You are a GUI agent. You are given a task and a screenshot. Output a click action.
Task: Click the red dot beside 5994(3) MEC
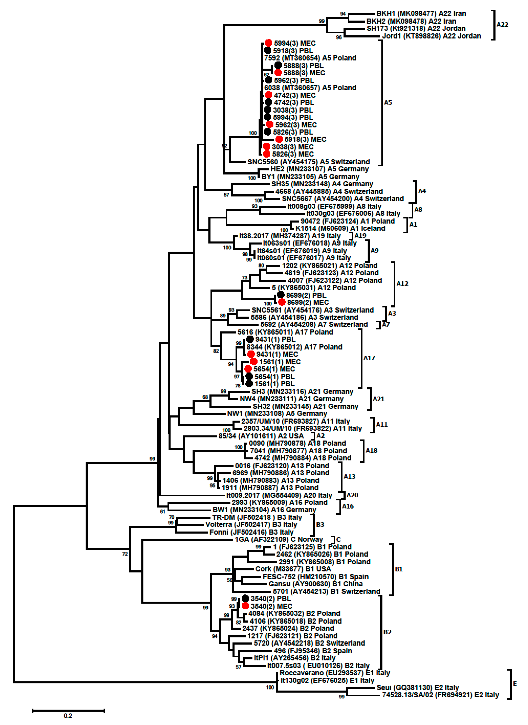pyautogui.click(x=268, y=43)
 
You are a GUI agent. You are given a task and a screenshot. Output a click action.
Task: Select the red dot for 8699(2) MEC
pyautogui.click(x=281, y=302)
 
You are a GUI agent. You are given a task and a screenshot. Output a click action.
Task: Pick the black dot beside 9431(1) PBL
pyautogui.click(x=250, y=339)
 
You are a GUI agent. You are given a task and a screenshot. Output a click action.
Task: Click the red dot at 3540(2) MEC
pyautogui.click(x=245, y=606)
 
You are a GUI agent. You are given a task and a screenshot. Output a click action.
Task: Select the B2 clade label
pyautogui.click(x=387, y=632)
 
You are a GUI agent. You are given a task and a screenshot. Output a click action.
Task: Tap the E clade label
pyautogui.click(x=515, y=684)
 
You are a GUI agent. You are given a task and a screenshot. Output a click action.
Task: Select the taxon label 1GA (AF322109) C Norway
pyautogui.click(x=278, y=540)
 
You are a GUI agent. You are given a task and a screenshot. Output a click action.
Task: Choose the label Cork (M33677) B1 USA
pyautogui.click(x=293, y=569)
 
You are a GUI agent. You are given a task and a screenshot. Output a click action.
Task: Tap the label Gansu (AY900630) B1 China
pyautogui.click(x=315, y=584)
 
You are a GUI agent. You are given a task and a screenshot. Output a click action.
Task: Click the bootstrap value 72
pyautogui.click(x=125, y=554)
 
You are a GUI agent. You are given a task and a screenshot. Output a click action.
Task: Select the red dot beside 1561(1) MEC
pyautogui.click(x=254, y=362)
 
